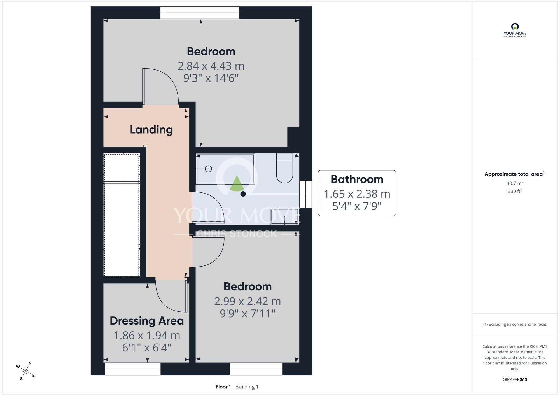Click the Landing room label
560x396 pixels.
click(x=151, y=130)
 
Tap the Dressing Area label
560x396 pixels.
click(x=147, y=321)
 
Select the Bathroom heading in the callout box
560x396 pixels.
click(x=357, y=179)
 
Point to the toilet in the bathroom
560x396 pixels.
click(x=284, y=168)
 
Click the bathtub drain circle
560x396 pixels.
click(x=208, y=169)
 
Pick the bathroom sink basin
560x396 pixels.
click(x=284, y=217)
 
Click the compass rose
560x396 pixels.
click(x=25, y=371)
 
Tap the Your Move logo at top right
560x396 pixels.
click(x=515, y=30)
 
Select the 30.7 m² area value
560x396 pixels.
click(x=515, y=183)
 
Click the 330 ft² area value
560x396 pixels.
click(x=515, y=191)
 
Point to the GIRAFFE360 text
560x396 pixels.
click(x=515, y=380)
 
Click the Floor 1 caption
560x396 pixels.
click(x=223, y=387)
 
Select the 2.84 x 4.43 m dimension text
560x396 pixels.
click(x=211, y=66)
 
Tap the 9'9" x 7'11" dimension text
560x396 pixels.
click(x=248, y=313)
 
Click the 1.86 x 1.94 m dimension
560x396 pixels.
click(x=147, y=336)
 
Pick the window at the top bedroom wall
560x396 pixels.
click(x=200, y=13)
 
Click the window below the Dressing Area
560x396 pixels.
click(x=133, y=369)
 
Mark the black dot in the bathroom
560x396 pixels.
click(x=243, y=194)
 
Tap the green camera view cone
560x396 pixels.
click(x=237, y=184)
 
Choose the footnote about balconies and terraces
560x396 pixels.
click(x=515, y=324)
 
